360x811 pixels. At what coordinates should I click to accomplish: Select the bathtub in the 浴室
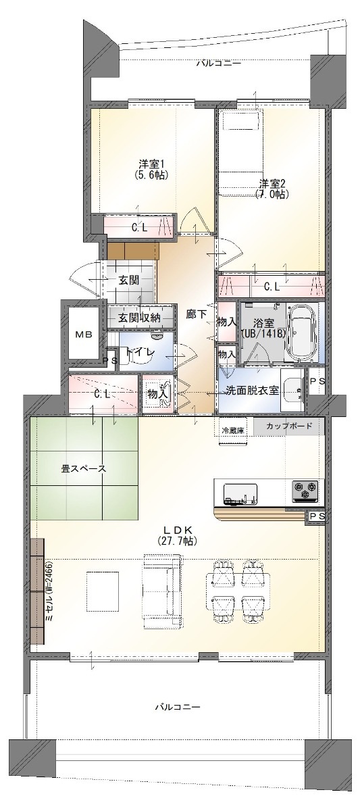click(x=301, y=332)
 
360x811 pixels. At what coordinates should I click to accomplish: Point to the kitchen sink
click(x=240, y=494)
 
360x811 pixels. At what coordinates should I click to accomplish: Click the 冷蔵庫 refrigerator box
click(x=233, y=431)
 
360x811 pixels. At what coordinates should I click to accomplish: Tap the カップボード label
click(x=288, y=426)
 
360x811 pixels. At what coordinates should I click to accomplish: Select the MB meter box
click(x=84, y=334)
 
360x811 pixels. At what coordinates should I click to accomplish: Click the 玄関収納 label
click(x=140, y=318)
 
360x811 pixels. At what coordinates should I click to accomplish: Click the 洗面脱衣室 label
click(x=253, y=391)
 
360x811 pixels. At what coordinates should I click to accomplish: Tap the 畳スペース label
click(x=84, y=468)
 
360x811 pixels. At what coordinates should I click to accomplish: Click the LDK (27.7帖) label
click(x=177, y=535)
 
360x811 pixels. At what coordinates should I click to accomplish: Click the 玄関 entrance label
click(x=129, y=280)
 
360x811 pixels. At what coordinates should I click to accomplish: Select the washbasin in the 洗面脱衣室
click(x=293, y=389)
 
